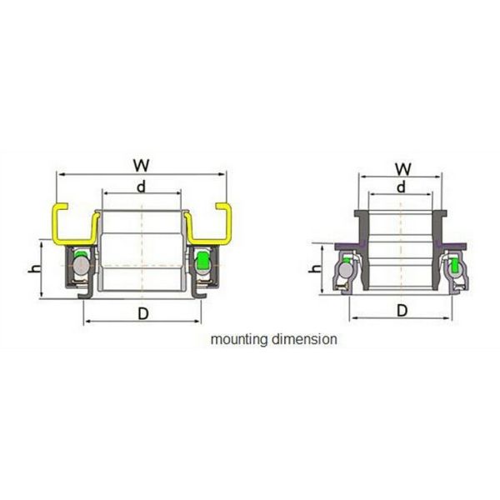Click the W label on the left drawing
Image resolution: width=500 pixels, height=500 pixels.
point(141,164)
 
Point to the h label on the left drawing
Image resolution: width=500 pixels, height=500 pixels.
point(34,268)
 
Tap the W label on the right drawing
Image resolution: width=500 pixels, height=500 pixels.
point(401,167)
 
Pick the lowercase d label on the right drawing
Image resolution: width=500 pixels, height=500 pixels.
point(401,187)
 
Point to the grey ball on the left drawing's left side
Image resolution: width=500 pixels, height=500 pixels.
point(81,264)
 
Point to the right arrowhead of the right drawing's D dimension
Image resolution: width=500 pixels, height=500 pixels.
point(450,318)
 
